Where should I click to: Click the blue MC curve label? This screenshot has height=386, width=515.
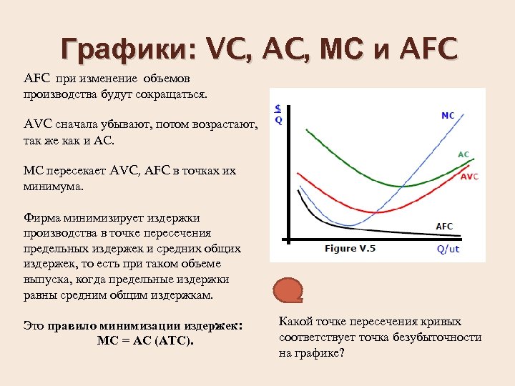(448, 115)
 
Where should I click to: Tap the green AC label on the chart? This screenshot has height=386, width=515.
(463, 154)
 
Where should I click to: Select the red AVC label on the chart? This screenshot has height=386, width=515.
(469, 176)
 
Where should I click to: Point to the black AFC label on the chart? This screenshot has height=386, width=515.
(444, 227)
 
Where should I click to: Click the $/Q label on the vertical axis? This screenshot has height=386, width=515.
(278, 114)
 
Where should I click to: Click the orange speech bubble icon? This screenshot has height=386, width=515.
(288, 289)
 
